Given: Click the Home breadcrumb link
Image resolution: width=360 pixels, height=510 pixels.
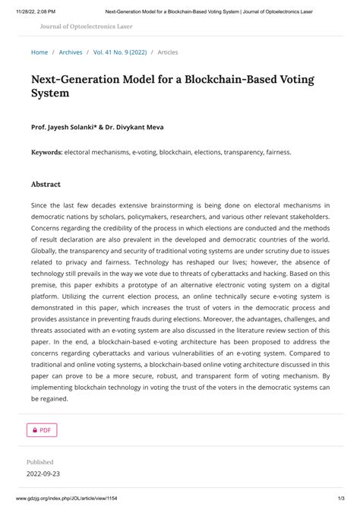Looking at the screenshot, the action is pos(39,52).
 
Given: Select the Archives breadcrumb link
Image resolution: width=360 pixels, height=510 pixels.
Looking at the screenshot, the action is pos(71,52).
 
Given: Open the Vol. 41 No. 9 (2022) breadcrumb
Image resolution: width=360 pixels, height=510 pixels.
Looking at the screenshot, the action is pos(121,52).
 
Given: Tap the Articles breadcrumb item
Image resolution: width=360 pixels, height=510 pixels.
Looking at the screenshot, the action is pos(168,52).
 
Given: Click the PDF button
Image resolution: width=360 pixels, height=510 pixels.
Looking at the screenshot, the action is pos(42,430).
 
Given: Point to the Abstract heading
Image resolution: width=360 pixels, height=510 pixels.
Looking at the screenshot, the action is pos(46,184).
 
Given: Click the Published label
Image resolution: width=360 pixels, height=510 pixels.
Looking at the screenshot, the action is pos(40,461).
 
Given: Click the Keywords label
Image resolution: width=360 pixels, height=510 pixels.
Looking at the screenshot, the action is pos(46,152).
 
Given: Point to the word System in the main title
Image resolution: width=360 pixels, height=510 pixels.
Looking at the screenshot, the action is pos(50,94).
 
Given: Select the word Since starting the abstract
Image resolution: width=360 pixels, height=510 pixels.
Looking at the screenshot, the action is pos(39,205).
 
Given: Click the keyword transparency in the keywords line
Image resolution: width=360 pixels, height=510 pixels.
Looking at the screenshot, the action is pos(237,152).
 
